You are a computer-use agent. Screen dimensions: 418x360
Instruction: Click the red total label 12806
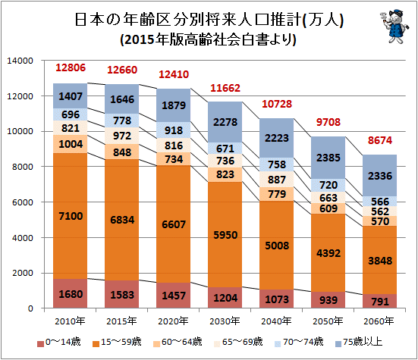coord(71,67)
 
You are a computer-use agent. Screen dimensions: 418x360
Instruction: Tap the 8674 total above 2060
coord(380,140)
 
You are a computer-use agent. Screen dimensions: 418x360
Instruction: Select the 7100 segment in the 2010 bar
coord(71,216)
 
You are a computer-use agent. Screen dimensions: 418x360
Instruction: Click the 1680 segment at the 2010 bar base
coord(71,293)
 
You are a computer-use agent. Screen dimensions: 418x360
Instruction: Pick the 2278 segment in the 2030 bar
coord(225,122)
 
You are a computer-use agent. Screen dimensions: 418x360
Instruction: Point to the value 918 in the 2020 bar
coord(174,130)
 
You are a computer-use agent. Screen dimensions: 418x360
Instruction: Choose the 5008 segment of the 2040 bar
coord(277,246)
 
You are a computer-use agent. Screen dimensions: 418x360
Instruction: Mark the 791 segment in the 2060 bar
coord(379,301)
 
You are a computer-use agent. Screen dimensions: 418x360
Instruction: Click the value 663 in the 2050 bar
coord(328,198)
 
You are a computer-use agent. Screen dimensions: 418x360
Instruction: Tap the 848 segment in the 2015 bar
coord(122,152)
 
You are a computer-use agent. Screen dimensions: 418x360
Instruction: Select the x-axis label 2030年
coord(225,321)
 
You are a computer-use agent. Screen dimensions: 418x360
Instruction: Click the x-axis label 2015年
coord(121,321)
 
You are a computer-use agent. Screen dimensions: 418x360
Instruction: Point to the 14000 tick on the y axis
coord(20,61)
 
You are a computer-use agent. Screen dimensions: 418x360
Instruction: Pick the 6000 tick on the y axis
coord(23,202)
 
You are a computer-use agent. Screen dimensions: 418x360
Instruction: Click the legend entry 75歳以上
coord(359,342)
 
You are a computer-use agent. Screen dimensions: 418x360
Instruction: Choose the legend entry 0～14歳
coord(58,342)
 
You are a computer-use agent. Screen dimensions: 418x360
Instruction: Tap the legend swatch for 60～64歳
coord(157,344)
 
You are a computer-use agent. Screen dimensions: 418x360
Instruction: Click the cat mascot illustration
coord(394,26)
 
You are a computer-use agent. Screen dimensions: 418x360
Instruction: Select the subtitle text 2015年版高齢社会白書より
coord(209,39)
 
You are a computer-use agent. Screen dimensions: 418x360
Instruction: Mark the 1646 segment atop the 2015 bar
coord(122,99)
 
